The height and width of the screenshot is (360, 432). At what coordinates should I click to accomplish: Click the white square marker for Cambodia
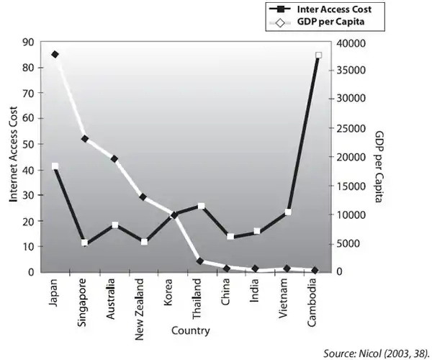tap(318, 55)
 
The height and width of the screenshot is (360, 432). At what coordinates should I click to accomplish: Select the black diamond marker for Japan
tap(55, 55)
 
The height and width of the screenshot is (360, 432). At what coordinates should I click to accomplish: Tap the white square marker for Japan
tap(55, 166)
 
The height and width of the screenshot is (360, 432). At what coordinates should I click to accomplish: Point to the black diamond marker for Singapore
tap(85, 138)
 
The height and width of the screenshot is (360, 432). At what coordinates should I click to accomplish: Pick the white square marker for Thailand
tap(202, 206)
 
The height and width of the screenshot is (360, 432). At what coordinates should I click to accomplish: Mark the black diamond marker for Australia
tap(114, 158)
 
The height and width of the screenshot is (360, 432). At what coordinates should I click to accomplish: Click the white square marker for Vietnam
tap(288, 212)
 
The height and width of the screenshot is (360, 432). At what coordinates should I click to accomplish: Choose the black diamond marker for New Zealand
tap(143, 197)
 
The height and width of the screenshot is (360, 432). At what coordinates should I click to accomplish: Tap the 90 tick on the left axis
tap(29, 42)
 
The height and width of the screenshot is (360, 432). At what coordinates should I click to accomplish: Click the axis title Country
tap(191, 331)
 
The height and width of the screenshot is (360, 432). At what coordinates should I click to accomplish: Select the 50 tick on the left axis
tap(29, 145)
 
